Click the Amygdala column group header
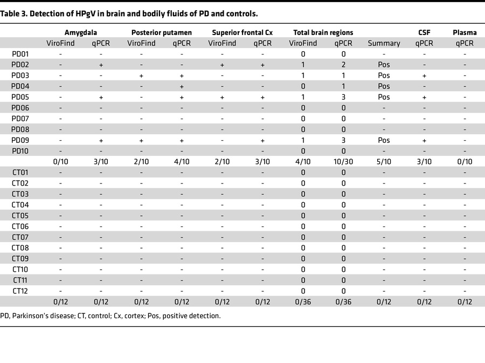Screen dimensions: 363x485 80,32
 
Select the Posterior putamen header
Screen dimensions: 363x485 162,32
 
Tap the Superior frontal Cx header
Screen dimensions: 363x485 242,32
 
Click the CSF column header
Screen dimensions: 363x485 424,32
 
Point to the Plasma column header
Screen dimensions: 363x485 464,32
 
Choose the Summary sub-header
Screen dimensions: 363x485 384,43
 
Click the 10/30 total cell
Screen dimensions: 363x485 343,161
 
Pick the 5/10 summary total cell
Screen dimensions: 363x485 384,161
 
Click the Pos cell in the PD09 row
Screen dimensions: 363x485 384,140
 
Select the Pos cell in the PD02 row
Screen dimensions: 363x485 384,65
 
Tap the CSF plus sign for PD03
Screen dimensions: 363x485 424,76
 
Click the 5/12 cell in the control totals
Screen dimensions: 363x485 384,302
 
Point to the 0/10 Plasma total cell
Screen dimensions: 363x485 464,161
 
